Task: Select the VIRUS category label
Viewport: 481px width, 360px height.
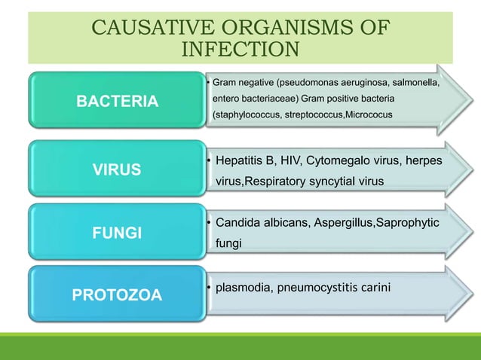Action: tap(116, 169)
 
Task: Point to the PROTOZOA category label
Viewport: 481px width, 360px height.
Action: tap(117, 294)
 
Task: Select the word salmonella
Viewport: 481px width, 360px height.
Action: tap(412, 81)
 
